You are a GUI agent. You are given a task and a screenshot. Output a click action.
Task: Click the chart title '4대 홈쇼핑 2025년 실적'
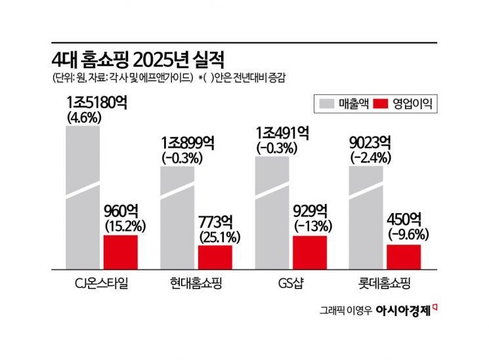(x=138, y=60)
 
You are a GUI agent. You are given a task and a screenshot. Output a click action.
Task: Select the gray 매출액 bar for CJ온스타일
(x=83, y=197)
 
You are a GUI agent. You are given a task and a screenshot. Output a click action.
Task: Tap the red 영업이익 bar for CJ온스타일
(x=121, y=252)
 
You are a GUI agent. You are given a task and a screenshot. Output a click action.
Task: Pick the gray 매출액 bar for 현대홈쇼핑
(x=177, y=216)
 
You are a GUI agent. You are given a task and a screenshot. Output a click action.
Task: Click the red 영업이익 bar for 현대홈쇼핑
(x=215, y=256)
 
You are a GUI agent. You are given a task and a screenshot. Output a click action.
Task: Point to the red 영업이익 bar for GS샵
(x=310, y=252)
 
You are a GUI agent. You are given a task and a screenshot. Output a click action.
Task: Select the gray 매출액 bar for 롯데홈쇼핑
(x=366, y=216)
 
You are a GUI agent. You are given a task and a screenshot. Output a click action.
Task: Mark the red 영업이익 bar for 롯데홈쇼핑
(x=404, y=256)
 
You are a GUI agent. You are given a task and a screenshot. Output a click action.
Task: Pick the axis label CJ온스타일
(x=102, y=286)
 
